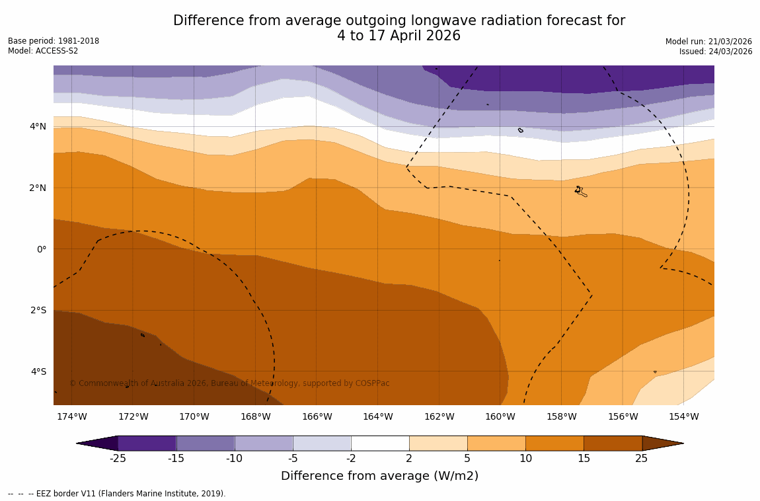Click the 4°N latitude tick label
(x=38, y=126)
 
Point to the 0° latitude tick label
(x=42, y=249)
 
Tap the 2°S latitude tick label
(x=38, y=310)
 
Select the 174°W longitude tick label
(x=71, y=416)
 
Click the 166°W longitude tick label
(x=317, y=416)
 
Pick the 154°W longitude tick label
(x=683, y=416)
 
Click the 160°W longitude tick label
(x=500, y=416)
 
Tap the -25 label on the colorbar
(x=118, y=458)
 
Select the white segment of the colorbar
(x=380, y=443)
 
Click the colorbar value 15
(x=584, y=458)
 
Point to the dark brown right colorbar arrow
(x=662, y=443)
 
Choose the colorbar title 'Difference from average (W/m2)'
(x=379, y=476)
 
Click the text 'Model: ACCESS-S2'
(x=43, y=51)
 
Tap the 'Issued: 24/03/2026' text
(x=716, y=52)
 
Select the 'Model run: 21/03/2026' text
(x=708, y=42)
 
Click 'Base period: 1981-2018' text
(x=54, y=41)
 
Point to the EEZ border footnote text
(x=117, y=494)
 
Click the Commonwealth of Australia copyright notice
(x=229, y=383)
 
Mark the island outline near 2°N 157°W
(x=580, y=191)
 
